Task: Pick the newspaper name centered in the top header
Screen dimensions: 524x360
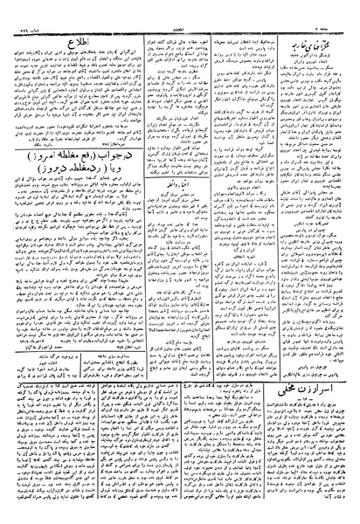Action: click(x=178, y=6)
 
